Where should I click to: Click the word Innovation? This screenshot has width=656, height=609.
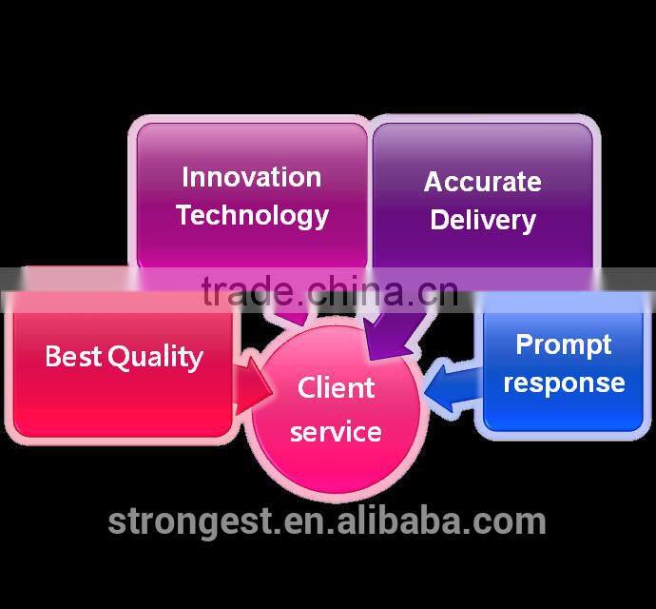coord(251,177)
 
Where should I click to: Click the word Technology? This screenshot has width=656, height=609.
coord(253,216)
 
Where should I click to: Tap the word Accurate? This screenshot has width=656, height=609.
coord(483,182)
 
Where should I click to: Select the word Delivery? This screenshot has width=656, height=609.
coord(483,221)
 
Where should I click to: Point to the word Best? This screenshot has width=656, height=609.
coord(73,356)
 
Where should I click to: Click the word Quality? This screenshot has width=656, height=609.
coord(156,358)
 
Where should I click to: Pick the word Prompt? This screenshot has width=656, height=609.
coord(564,345)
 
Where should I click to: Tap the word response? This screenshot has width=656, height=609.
coord(565,383)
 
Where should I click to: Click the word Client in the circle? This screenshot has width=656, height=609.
coord(336,387)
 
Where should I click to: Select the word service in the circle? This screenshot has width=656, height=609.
coord(336,432)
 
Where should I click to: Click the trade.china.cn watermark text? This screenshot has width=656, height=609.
coord(330,290)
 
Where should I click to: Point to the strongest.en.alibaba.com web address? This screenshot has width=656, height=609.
coord(327,521)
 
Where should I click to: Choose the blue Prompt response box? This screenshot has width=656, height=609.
coord(563,365)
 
